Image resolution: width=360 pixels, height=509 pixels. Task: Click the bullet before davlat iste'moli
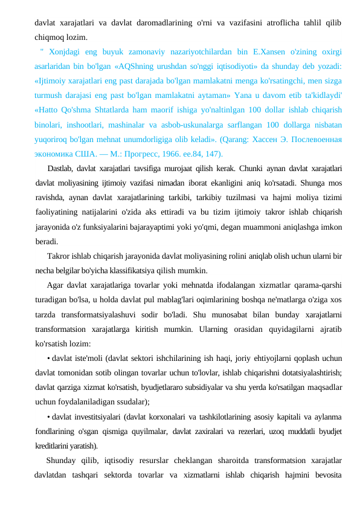tap(48, 358)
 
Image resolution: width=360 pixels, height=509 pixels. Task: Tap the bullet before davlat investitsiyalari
tap(48, 417)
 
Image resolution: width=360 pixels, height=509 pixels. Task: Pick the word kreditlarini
tap(53, 446)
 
